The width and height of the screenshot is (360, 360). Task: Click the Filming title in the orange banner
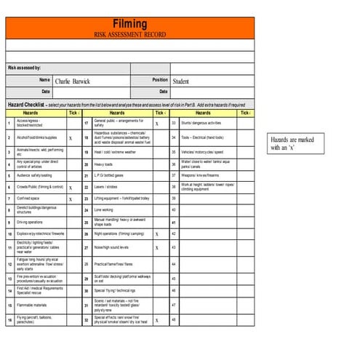click(130, 25)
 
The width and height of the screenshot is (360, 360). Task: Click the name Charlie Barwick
click(73, 81)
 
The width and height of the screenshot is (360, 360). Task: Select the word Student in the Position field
click(181, 81)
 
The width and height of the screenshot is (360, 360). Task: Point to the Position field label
click(160, 80)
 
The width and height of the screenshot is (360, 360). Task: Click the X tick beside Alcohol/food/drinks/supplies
click(71, 137)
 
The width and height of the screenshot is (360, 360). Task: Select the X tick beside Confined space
click(71, 198)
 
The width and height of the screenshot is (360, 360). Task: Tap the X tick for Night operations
click(156, 234)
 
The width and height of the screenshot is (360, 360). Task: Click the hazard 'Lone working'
click(109, 210)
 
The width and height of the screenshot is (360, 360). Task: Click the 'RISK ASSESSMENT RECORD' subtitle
click(130, 35)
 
